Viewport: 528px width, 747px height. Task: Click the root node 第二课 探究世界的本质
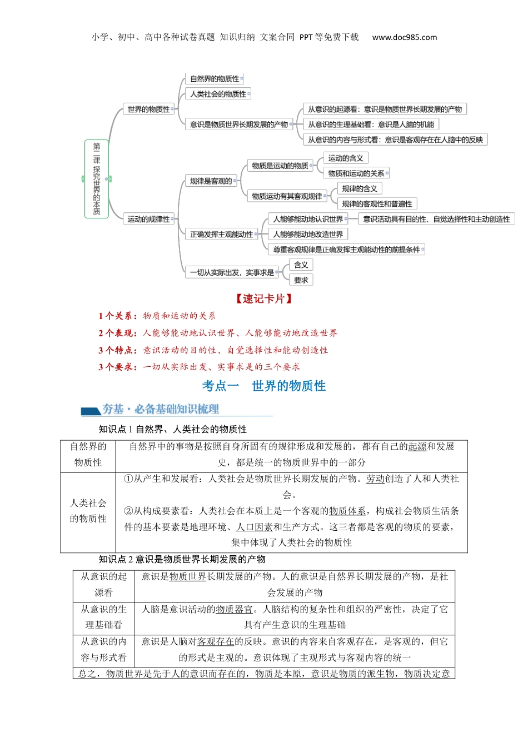[x=97, y=178]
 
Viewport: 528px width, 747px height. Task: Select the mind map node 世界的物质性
[x=148, y=109]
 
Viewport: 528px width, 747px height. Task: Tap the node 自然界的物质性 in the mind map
[x=214, y=79]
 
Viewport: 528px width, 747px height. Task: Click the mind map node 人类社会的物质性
[x=218, y=94]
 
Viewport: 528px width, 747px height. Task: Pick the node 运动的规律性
[x=148, y=219]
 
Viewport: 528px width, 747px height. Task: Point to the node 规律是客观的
[x=211, y=181]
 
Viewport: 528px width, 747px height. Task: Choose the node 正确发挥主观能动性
[x=221, y=235]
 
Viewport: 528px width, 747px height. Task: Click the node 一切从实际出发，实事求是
[x=232, y=272]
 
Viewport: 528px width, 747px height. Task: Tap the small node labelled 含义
[x=301, y=265]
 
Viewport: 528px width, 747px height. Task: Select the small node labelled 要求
[x=301, y=280]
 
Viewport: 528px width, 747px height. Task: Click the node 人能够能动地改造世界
[x=308, y=235]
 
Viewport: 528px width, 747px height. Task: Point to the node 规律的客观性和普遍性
[x=377, y=204]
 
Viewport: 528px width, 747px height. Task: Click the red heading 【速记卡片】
[x=263, y=299]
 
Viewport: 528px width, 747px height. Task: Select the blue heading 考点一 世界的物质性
[x=263, y=386]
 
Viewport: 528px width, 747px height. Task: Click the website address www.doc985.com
[x=404, y=37]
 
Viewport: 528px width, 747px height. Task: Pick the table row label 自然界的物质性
[x=88, y=454]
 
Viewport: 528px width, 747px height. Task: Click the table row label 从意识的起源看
[x=103, y=584]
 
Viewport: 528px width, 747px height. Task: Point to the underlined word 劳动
[x=375, y=479]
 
